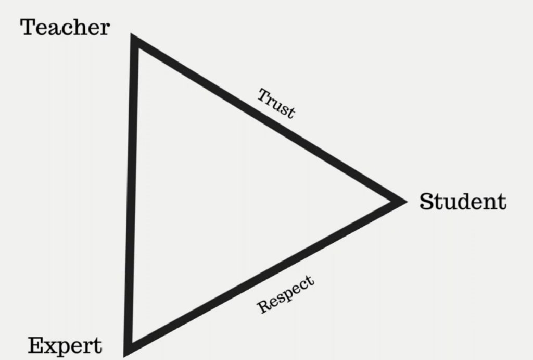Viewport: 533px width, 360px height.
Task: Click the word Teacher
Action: tap(65, 27)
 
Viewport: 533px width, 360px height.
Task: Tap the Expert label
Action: tap(65, 345)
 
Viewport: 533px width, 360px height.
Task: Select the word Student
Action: tap(463, 202)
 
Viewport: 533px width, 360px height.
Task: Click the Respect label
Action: tap(286, 294)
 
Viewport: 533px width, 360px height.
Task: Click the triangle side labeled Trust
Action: tap(265, 119)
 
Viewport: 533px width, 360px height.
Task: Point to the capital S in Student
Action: tap(427, 202)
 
